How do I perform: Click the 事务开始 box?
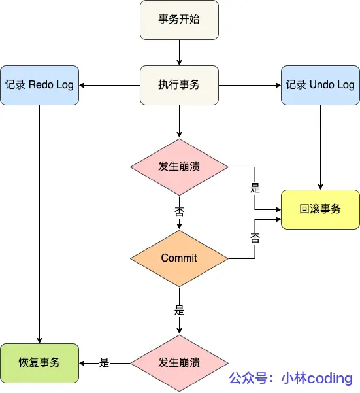pos(179,19)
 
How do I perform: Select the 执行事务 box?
pos(179,85)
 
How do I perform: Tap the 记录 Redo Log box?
pos(39,85)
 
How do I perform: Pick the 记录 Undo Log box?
pos(320,85)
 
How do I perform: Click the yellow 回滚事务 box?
pos(320,209)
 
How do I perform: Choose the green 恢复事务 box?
pos(39,362)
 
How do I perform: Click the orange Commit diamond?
pos(179,258)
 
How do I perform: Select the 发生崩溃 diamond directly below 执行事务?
pos(179,166)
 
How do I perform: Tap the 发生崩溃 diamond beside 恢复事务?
pos(179,362)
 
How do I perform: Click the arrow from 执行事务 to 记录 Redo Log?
pos(110,85)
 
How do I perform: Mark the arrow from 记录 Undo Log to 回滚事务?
pos(320,147)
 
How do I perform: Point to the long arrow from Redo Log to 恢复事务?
pos(39,222)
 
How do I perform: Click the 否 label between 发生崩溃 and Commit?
pos(179,212)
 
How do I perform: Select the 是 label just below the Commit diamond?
pos(179,307)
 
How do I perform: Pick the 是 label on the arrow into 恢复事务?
pos(104,362)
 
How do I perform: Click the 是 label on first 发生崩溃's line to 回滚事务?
pos(255,188)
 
